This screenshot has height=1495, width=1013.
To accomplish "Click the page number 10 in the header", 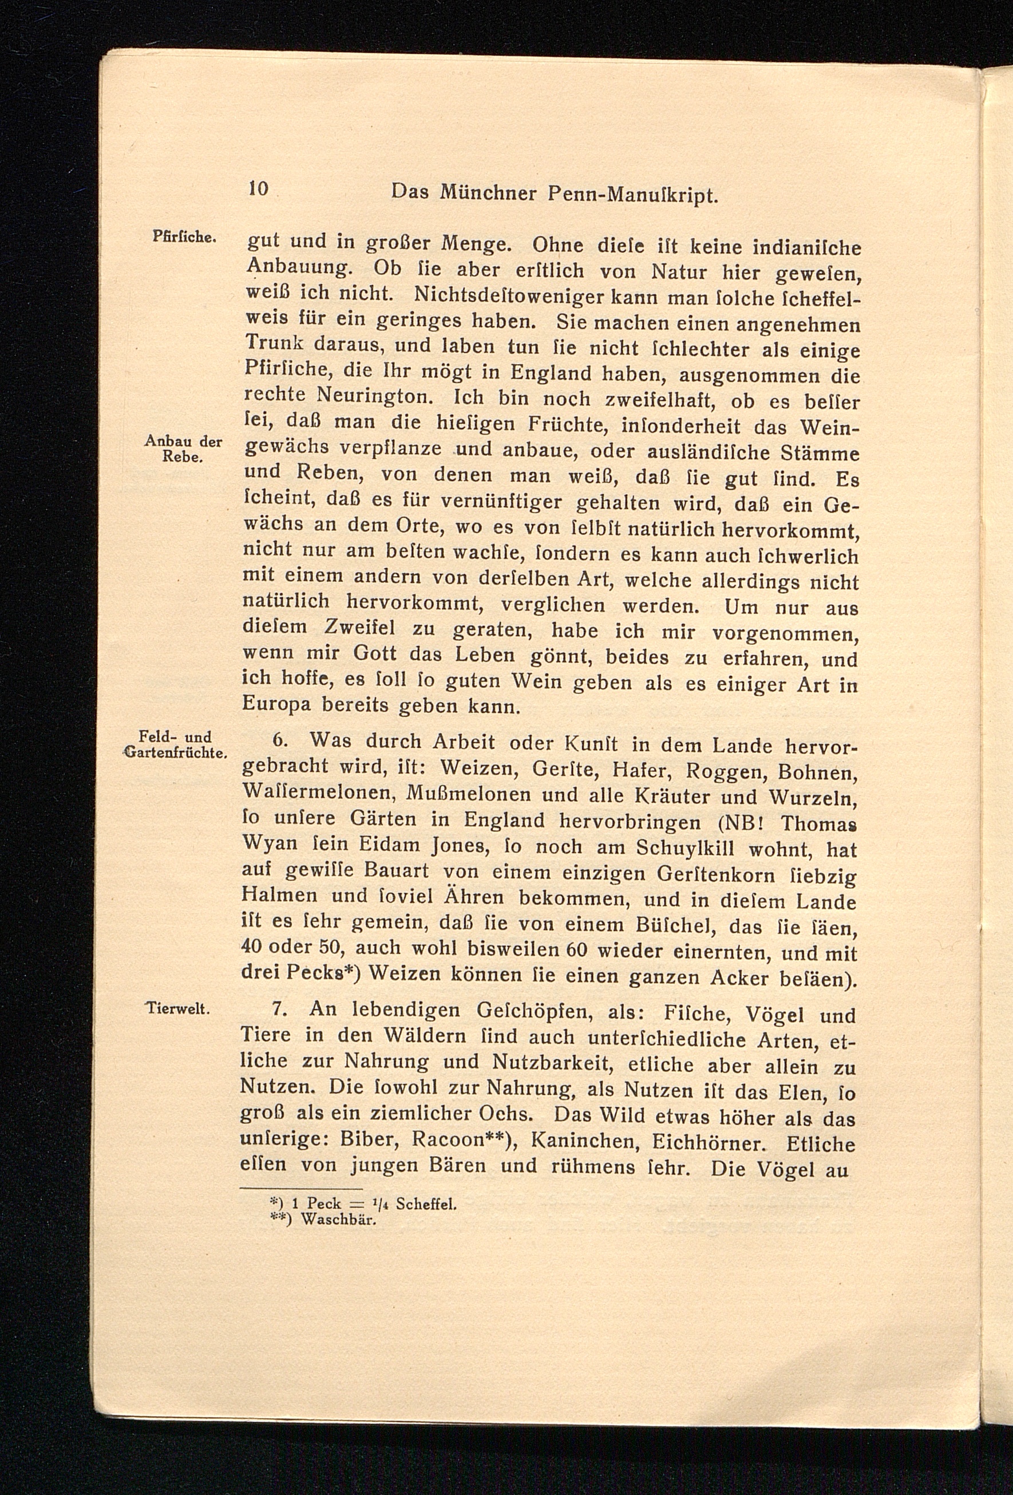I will tap(258, 188).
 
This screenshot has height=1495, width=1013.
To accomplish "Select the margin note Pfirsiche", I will tap(183, 236).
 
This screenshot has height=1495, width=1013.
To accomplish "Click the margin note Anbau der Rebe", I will tap(183, 449).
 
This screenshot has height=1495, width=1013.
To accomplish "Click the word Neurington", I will tap(374, 395).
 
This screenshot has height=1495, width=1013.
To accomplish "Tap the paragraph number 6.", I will tap(279, 740).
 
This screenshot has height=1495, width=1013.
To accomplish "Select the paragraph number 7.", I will tap(278, 1008).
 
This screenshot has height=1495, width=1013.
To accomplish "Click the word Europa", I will tap(276, 705).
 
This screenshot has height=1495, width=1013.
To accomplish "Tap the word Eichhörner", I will tap(707, 1142).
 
